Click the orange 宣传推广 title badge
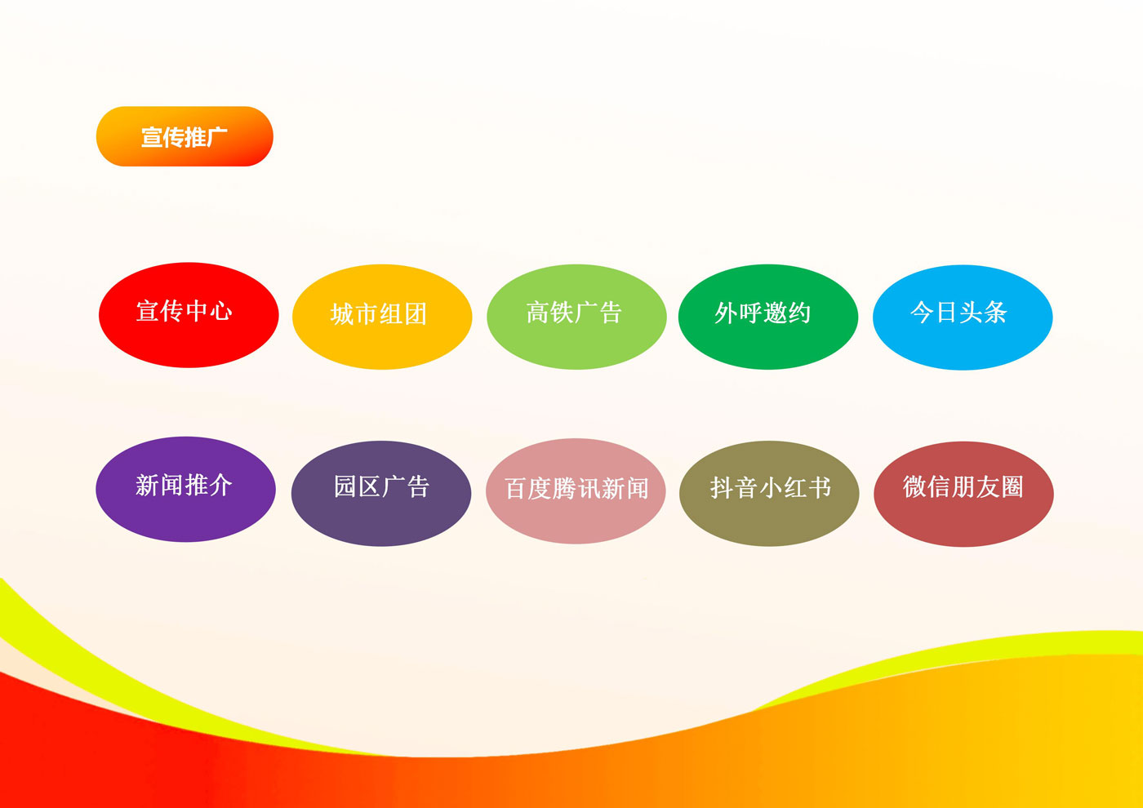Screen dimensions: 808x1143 pos(185,136)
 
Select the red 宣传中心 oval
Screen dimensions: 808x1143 pos(189,315)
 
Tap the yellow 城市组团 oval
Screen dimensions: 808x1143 pos(382,317)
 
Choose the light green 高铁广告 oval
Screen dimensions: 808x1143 pos(576,317)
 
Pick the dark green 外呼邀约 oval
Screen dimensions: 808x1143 pos(768,317)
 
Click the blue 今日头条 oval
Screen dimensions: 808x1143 pos(963,317)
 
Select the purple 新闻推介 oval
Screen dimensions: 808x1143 pos(185,489)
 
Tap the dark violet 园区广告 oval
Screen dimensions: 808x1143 pos(381,493)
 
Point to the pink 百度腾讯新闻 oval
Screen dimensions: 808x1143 pos(576,491)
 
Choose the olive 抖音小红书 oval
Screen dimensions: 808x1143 pos(769,493)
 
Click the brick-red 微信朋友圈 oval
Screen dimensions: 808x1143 pos(963,494)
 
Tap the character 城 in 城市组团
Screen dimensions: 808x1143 pos(342,314)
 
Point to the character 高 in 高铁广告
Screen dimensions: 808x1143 pos(538,313)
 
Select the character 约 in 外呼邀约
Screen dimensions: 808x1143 pos(799,313)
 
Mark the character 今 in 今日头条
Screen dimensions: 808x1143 pos(923,312)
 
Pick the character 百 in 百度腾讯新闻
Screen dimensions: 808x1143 pos(516,489)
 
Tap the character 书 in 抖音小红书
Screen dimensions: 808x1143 pos(819,487)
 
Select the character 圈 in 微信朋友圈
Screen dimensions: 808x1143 pos(1012,486)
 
